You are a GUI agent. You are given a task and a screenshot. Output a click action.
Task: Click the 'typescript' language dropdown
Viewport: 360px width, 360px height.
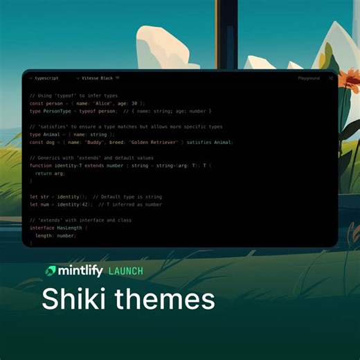46,78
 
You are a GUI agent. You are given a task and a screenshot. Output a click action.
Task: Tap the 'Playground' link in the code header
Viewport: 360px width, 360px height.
309,78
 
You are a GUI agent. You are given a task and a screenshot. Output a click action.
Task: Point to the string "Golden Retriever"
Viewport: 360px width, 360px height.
156,142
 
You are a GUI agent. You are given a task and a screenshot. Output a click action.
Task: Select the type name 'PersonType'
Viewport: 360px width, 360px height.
58,110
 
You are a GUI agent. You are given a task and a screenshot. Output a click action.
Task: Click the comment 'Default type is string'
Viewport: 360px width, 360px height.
127,197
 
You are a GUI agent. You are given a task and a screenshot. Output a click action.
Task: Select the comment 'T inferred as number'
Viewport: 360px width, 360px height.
133,204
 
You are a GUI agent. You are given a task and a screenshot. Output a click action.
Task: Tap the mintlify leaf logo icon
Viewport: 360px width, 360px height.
52,270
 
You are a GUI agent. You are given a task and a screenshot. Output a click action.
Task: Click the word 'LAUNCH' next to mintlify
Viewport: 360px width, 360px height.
126,271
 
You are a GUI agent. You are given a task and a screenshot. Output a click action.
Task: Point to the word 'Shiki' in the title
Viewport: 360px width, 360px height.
74,299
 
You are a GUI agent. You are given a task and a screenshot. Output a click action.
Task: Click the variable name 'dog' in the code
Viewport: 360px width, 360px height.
50,142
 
